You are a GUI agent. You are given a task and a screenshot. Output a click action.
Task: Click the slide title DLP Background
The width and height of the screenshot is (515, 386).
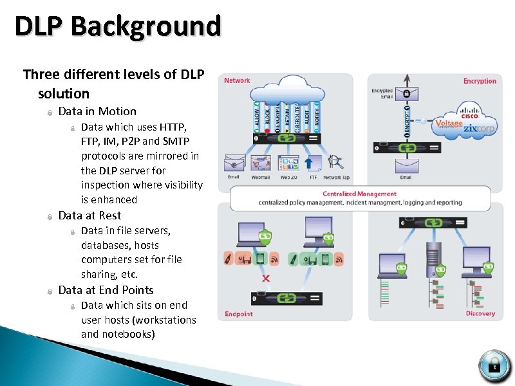tap(118, 27)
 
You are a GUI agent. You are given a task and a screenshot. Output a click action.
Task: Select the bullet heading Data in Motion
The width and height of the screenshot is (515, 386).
tap(97, 111)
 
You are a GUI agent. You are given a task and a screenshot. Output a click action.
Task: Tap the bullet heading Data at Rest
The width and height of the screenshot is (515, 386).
tap(89, 216)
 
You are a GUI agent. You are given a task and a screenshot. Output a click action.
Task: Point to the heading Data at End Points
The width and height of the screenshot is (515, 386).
tap(106, 290)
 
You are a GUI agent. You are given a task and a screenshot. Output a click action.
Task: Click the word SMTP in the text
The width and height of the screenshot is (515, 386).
tap(176, 141)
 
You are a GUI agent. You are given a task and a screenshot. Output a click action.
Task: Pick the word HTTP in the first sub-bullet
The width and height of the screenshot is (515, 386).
tap(173, 127)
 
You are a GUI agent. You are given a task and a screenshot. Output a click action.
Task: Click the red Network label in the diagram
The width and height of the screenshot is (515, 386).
tap(237, 80)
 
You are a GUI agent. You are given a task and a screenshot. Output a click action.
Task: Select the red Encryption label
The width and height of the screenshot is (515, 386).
tap(480, 81)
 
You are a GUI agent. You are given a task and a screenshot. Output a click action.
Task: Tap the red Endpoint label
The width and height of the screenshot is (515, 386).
tap(239, 314)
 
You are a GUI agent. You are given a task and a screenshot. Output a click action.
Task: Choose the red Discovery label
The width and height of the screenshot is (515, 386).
tap(480, 313)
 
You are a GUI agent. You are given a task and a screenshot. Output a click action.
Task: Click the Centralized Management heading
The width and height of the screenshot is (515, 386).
tap(359, 194)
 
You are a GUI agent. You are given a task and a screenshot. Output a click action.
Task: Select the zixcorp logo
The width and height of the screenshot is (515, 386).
tap(479, 128)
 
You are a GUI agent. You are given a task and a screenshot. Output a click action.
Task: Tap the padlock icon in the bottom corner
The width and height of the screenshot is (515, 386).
tap(494, 365)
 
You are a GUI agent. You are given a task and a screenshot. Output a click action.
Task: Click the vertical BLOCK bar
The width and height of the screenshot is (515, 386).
tap(268, 116)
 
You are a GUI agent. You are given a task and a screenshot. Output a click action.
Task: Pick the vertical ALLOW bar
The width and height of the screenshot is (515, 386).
tap(257, 116)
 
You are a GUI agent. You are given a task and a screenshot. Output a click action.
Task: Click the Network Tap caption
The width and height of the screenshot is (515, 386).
tap(336, 178)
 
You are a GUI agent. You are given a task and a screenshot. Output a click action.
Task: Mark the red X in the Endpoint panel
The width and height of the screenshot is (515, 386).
tap(266, 279)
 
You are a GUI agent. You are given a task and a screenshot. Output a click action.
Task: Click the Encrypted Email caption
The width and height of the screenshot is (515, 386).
tap(382, 94)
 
